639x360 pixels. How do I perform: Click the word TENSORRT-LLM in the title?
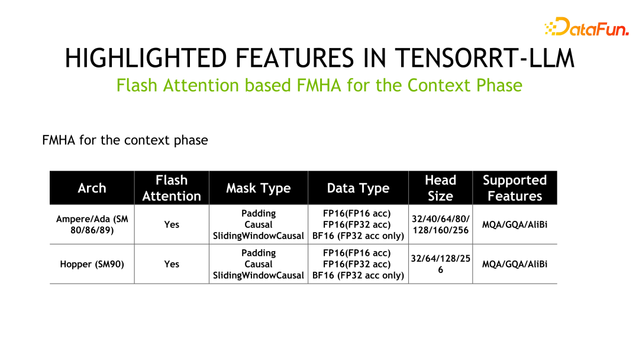point(485,58)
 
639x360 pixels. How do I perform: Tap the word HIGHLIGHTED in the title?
point(145,58)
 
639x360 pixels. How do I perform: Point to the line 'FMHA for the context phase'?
point(125,140)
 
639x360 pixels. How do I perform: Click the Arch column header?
point(92,188)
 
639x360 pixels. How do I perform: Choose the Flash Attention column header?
point(172,188)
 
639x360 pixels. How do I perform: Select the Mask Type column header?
point(258,188)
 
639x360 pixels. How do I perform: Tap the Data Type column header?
point(358,188)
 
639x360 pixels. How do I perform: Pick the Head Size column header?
point(440,188)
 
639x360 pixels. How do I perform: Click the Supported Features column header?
point(515,188)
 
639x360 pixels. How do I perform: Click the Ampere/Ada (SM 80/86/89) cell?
point(92,224)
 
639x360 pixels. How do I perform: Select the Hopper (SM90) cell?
point(92,264)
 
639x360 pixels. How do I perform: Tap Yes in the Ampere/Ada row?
point(172,225)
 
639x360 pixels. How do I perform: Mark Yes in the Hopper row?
point(172,264)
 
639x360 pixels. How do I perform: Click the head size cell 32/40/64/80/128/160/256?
point(440,224)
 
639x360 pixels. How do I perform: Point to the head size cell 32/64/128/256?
point(440,264)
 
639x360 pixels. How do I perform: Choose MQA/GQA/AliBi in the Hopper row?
point(515,264)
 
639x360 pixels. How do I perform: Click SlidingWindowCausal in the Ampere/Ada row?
point(259,236)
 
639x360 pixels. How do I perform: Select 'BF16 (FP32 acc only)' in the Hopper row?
point(358,275)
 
